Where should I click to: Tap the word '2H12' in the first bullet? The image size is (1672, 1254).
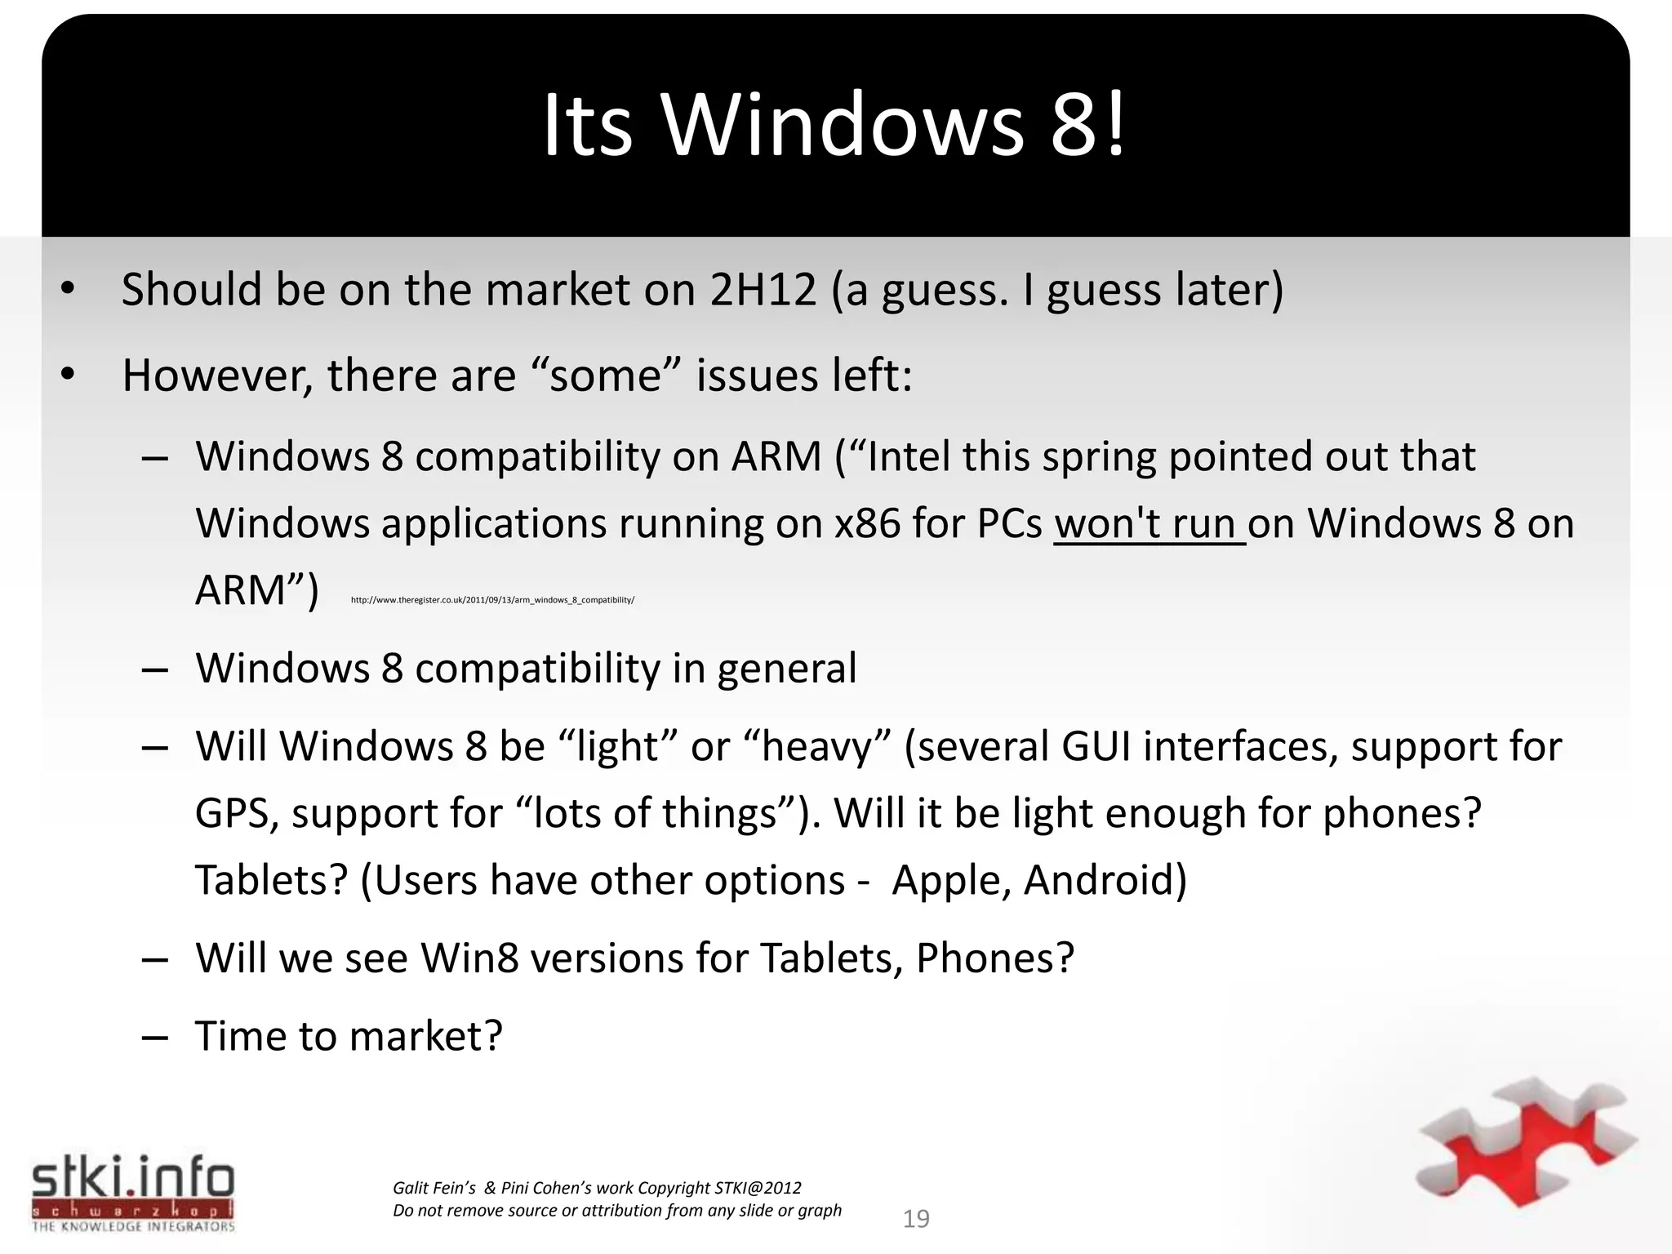click(763, 290)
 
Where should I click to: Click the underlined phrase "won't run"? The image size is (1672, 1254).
click(1148, 524)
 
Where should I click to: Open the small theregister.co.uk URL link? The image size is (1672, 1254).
click(492, 600)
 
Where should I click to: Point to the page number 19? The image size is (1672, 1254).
click(916, 1219)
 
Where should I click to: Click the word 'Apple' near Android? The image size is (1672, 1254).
click(946, 880)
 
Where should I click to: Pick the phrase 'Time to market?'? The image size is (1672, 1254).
click(349, 1036)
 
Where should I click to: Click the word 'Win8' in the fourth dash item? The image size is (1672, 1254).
click(469, 958)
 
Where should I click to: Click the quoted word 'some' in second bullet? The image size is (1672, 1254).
click(605, 376)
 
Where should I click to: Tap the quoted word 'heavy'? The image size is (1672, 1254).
click(818, 747)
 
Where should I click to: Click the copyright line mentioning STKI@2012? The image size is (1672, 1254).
click(597, 1188)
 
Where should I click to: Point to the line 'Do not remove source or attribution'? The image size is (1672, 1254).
click(616, 1211)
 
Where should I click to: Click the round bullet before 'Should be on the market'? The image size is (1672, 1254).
click(67, 288)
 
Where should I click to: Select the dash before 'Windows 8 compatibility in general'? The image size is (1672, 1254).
click(154, 669)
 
